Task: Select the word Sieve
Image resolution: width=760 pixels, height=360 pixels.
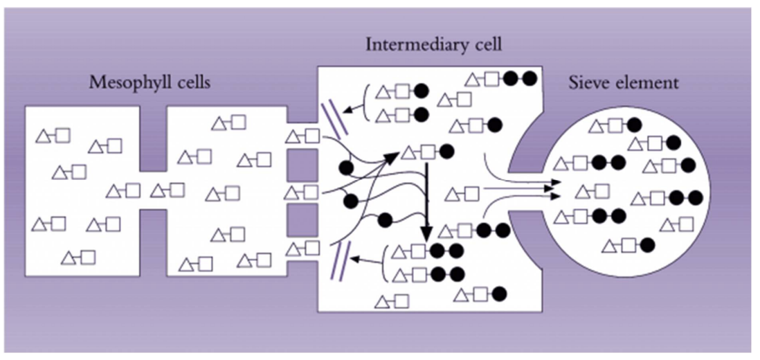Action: click(590, 83)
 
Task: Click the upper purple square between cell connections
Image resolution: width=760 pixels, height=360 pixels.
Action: click(302, 164)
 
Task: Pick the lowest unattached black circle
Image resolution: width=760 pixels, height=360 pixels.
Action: click(386, 220)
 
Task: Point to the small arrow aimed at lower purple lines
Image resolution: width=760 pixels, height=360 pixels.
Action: click(365, 260)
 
